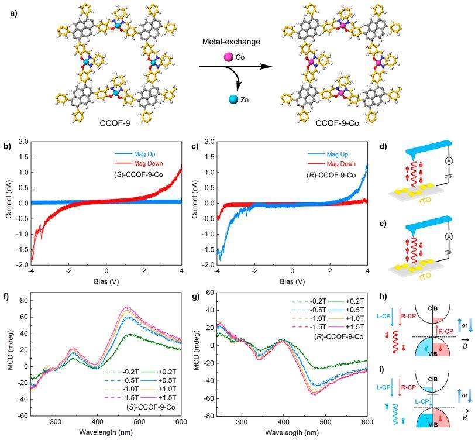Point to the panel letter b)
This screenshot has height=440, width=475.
pos(14,142)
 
